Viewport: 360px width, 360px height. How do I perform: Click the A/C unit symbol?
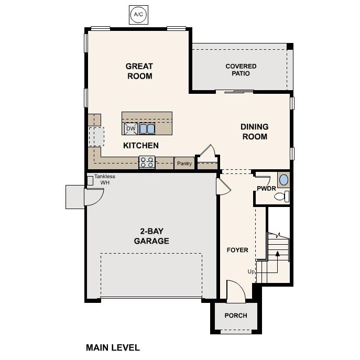tap(138, 14)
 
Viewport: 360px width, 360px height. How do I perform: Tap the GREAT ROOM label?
tap(139, 71)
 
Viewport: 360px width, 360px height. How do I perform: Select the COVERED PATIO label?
tap(241, 70)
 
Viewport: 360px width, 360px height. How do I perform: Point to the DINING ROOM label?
tap(254, 132)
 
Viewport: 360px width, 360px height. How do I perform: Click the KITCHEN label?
tap(141, 146)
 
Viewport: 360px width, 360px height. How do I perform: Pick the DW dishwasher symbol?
tap(130, 128)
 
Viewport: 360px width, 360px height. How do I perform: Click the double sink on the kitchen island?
tap(147, 128)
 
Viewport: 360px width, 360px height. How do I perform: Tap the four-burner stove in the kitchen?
tap(147, 162)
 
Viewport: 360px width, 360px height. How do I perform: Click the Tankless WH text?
tap(105, 180)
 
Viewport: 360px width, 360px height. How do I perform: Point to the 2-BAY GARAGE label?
tap(151, 236)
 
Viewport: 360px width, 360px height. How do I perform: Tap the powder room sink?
tap(283, 180)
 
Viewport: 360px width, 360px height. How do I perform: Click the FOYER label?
tap(237, 250)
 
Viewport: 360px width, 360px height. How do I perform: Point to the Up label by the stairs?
tap(251, 271)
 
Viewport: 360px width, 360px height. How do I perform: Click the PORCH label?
tap(235, 315)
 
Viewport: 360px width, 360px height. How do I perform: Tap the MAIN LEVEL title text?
tap(113, 347)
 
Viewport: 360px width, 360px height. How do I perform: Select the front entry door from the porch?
tap(234, 290)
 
